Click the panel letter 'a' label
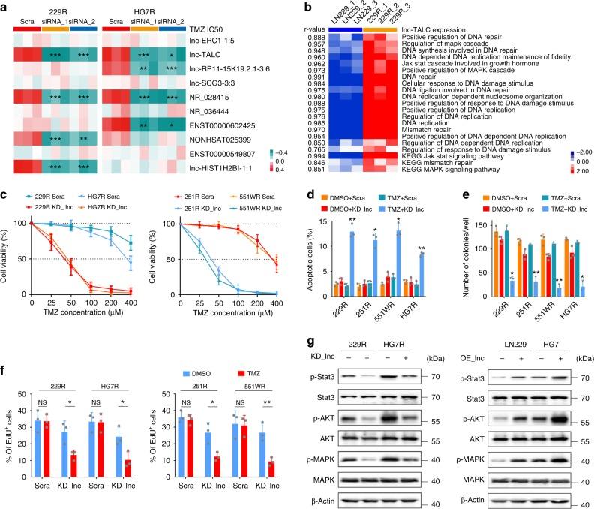[x=5, y=5]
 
